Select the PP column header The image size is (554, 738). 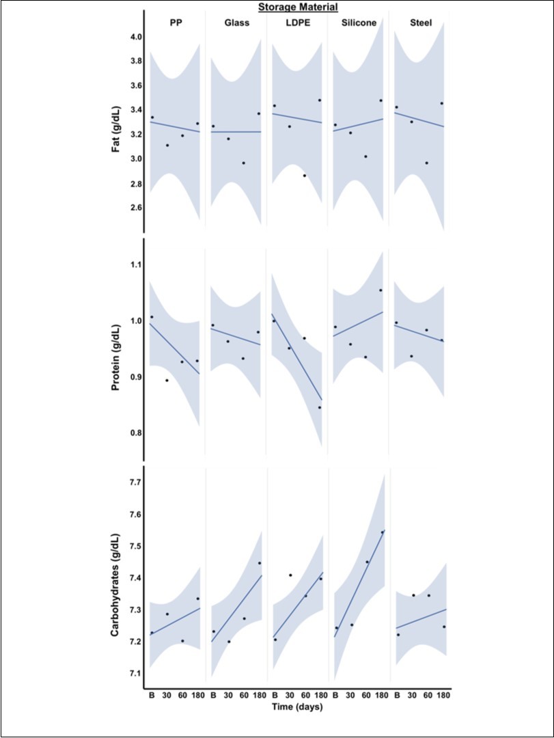[176, 23]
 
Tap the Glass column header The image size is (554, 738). [236, 23]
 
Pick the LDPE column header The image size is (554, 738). [296, 23]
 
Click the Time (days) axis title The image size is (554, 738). [296, 707]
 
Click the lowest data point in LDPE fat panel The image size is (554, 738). [305, 176]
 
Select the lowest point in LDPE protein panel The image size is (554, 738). [319, 407]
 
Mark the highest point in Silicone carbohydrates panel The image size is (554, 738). [382, 532]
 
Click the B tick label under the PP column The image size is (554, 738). [152, 696]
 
